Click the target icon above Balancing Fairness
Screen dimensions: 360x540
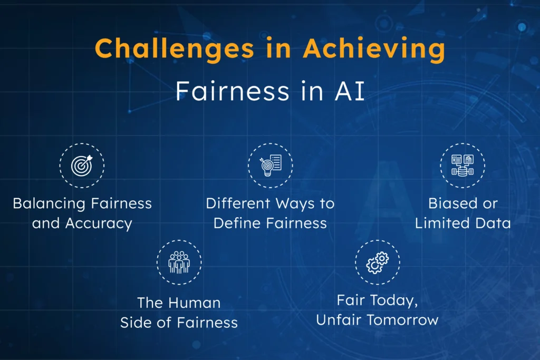click(82, 165)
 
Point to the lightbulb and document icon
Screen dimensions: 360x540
click(271, 165)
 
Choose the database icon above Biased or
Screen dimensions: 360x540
click(462, 165)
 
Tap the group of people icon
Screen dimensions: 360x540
click(179, 262)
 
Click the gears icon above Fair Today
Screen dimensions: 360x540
click(377, 262)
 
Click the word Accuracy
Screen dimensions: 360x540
click(99, 223)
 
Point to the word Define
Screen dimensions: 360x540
click(234, 223)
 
